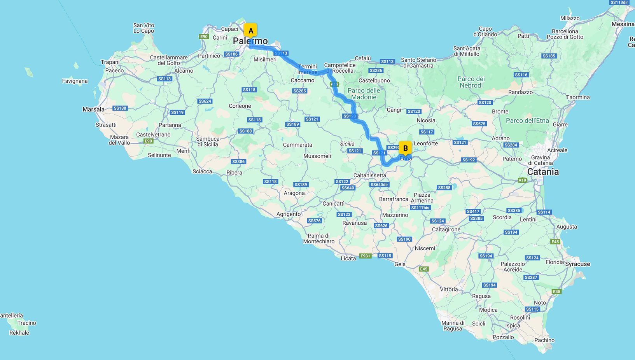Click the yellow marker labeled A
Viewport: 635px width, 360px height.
[250, 31]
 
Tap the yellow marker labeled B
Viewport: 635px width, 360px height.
[405, 148]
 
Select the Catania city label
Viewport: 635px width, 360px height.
[543, 172]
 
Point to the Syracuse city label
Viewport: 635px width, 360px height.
[577, 264]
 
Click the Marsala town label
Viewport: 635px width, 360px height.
[93, 109]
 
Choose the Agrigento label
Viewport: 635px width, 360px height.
[289, 214]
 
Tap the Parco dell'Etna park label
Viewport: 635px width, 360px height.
[527, 121]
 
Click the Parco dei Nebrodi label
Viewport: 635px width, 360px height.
[471, 82]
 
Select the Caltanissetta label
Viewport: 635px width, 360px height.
[369, 175]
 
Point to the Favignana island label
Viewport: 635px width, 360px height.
[75, 81]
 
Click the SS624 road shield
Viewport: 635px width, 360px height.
[205, 101]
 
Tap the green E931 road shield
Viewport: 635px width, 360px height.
[365, 256]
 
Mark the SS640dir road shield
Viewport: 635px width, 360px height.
[379, 185]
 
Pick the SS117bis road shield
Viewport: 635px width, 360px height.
[420, 208]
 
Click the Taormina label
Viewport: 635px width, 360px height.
[578, 97]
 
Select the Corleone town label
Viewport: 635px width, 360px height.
[240, 106]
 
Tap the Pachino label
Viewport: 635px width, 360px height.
[544, 340]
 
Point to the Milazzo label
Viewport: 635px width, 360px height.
[570, 18]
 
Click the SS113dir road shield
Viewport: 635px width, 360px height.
[619, 2]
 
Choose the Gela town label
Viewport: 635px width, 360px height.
[400, 264]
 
